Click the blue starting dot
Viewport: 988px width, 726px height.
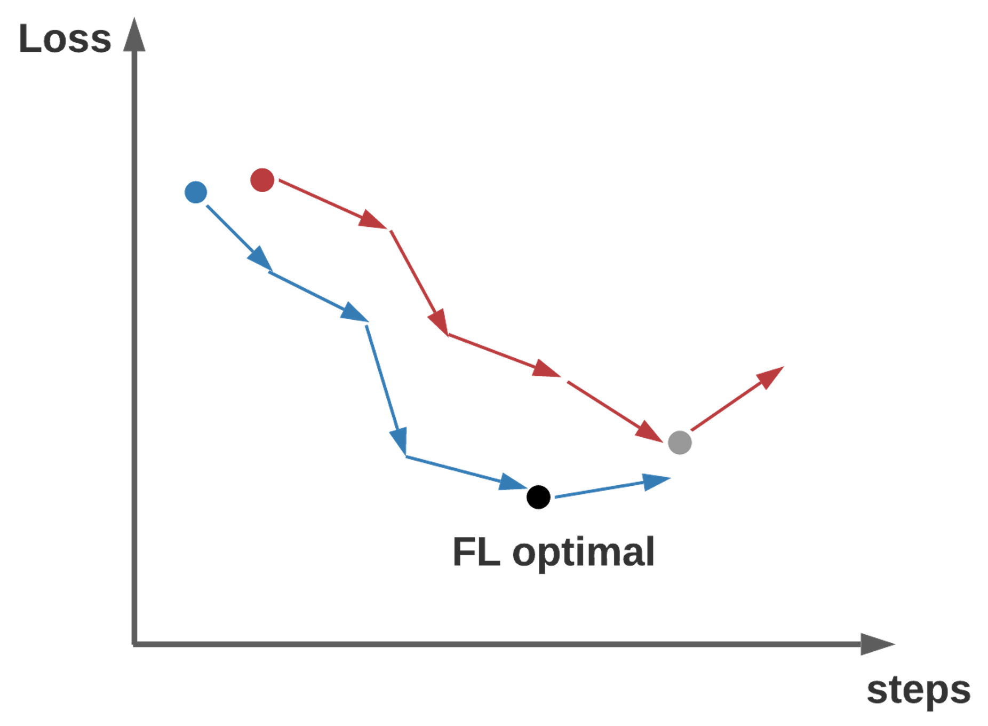(196, 192)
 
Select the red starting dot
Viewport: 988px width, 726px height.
(262, 180)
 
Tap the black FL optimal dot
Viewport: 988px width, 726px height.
(538, 497)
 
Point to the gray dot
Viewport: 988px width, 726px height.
(680, 443)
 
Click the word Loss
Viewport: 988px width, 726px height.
(65, 38)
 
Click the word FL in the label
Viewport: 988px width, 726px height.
(476, 552)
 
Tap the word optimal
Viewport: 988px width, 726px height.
(583, 553)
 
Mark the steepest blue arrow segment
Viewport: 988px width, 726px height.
(386, 390)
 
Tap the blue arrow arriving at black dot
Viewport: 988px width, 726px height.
(464, 472)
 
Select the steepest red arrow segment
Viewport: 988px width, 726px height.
(419, 283)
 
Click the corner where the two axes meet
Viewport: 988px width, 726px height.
(134, 644)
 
